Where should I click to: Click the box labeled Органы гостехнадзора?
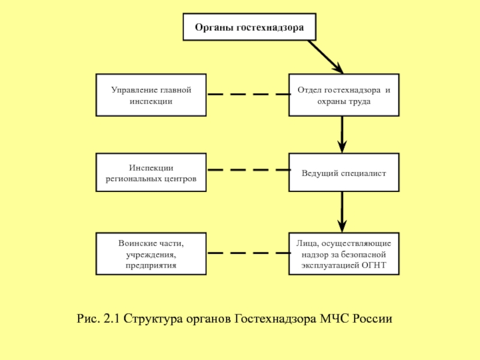tap(250, 27)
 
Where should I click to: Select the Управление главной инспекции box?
tap(151, 95)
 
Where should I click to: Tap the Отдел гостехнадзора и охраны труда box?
tap(344, 95)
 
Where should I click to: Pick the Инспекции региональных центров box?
tap(151, 172)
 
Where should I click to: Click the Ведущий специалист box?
tap(344, 172)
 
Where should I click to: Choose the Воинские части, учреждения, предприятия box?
tap(151, 254)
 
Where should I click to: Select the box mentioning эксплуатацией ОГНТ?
tap(344, 254)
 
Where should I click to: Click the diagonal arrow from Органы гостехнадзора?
tap(326, 57)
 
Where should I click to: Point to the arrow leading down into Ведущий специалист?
tap(342, 134)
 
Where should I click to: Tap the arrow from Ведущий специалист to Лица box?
tap(342, 212)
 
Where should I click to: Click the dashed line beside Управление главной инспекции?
tap(249, 94)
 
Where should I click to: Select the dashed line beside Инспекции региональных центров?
tap(249, 170)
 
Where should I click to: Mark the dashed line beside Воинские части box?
tap(249, 253)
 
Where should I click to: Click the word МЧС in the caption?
tap(335, 319)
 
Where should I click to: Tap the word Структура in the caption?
tap(153, 319)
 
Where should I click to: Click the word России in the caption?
tap(372, 319)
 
